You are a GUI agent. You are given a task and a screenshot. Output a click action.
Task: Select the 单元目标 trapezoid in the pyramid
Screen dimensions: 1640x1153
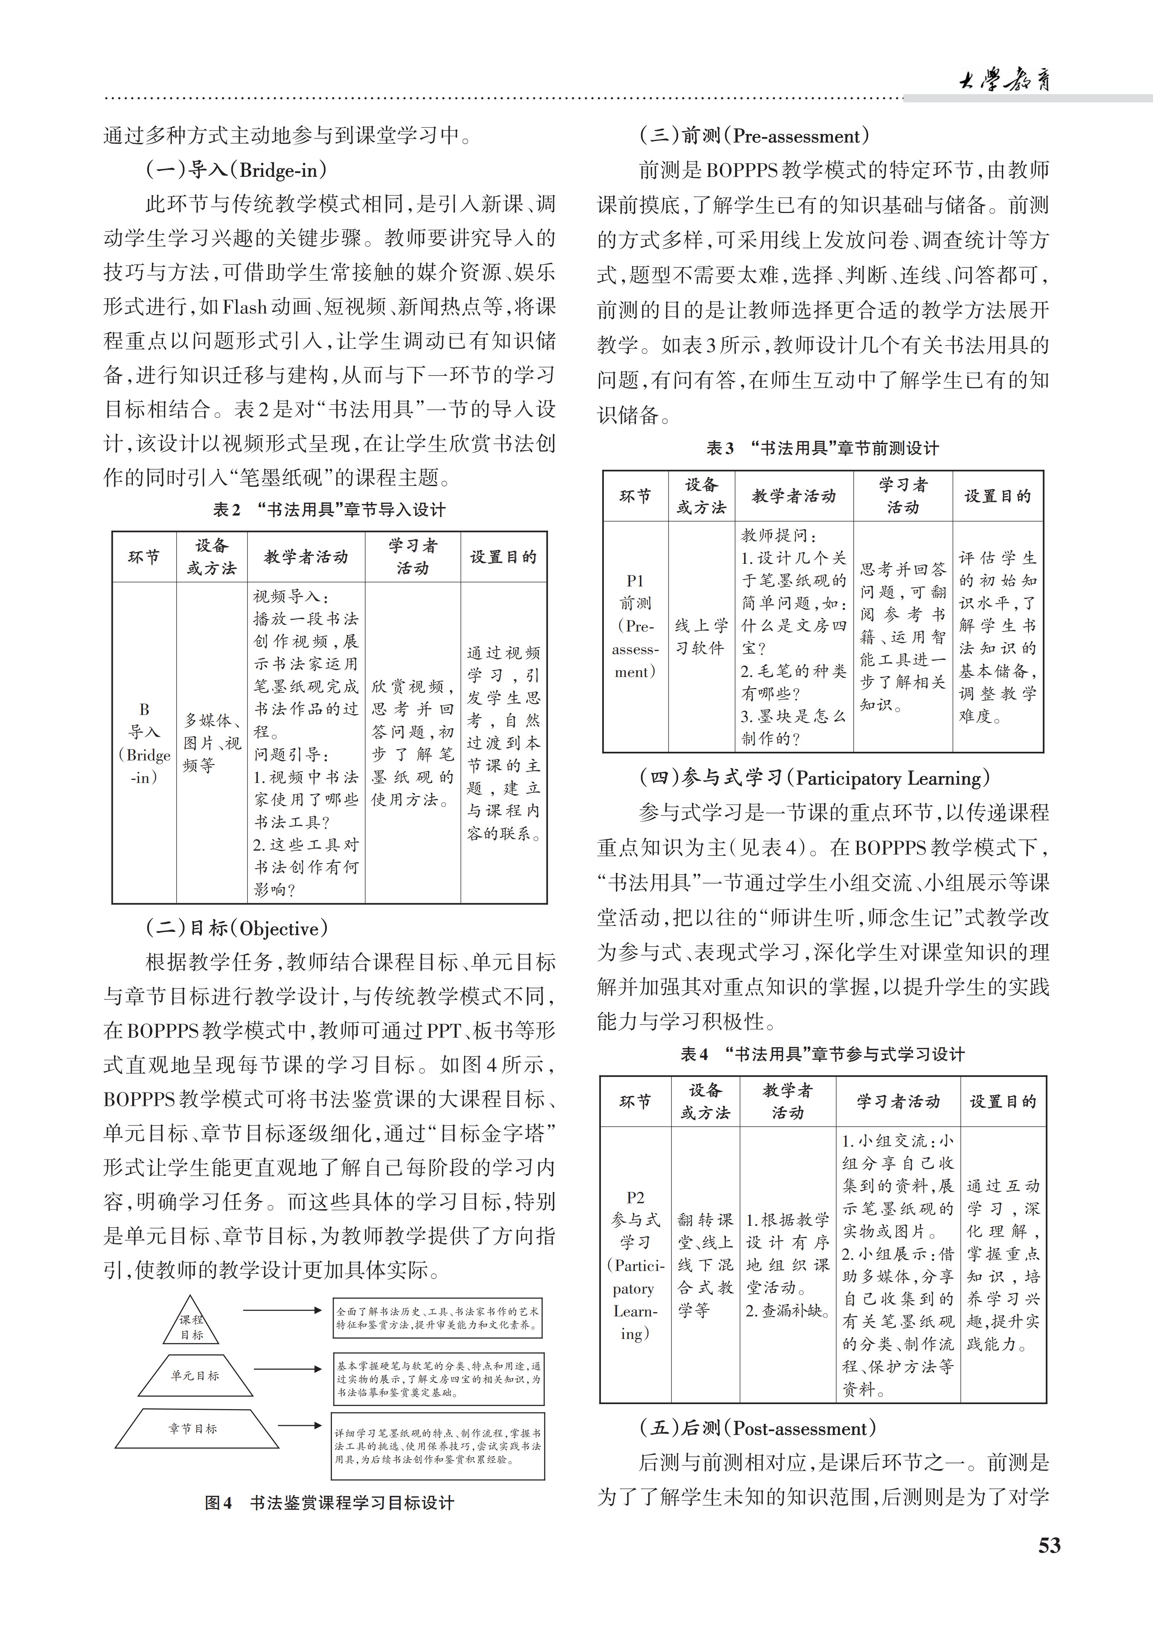tap(194, 1375)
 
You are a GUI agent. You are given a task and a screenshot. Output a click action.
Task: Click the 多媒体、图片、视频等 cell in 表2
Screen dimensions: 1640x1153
tap(212, 743)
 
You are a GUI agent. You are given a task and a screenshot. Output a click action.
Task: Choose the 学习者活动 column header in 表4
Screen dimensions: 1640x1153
tap(898, 1102)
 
